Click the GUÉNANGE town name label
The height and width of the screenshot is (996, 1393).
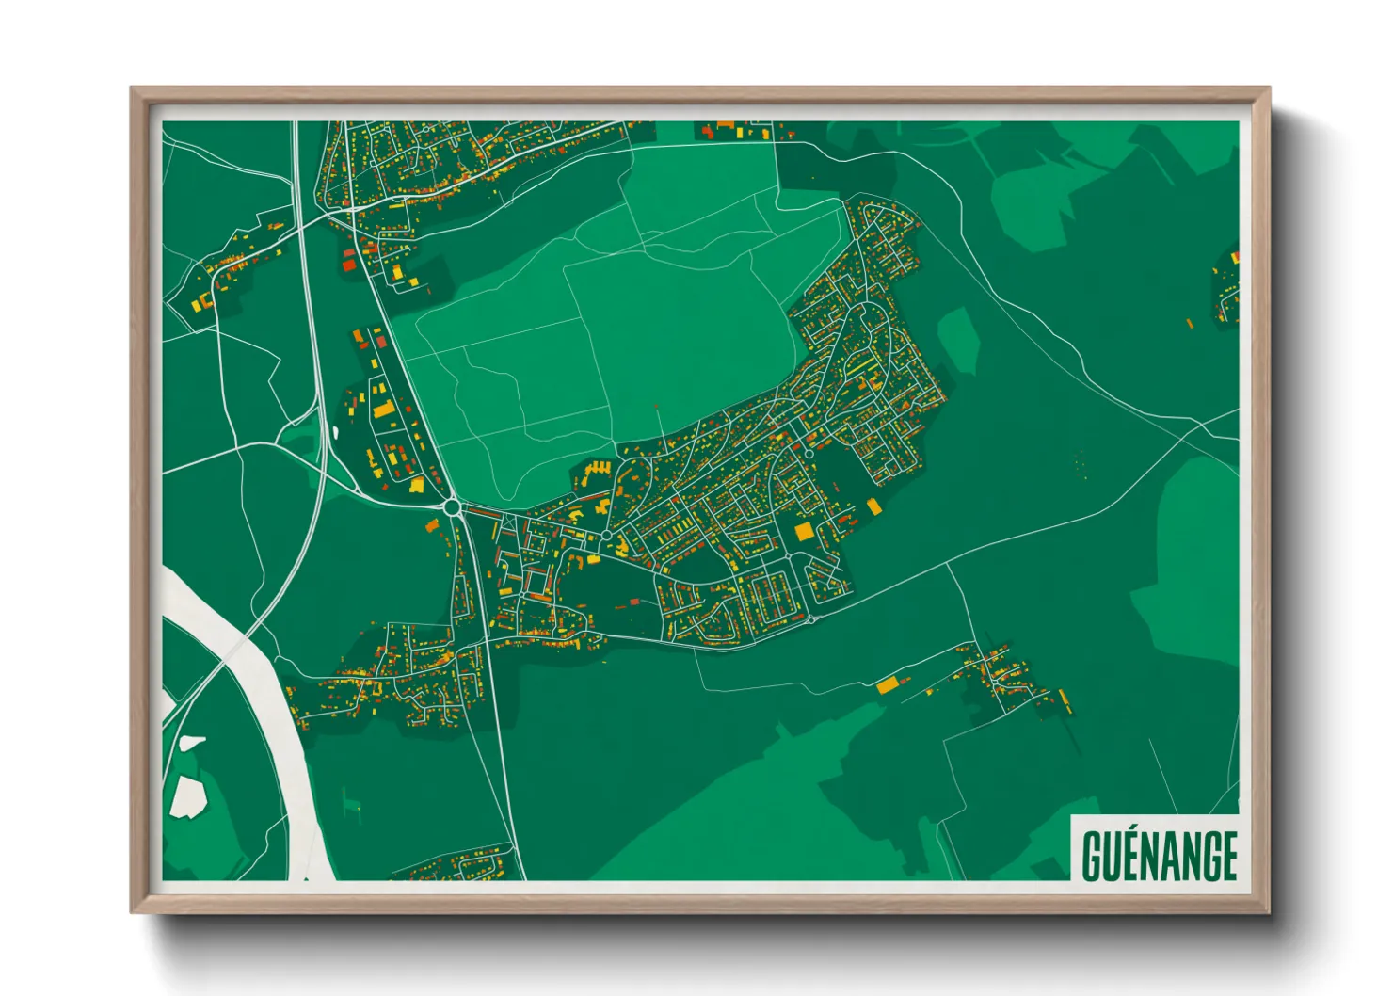click(1159, 855)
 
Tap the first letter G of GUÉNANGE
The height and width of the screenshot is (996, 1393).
click(1093, 855)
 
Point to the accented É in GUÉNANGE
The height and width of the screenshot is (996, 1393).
click(1129, 853)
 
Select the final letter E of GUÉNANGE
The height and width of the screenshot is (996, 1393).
click(1227, 855)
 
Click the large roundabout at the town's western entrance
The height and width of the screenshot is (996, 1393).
click(453, 507)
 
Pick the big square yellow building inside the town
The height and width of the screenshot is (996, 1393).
click(804, 532)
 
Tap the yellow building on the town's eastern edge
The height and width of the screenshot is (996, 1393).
click(873, 506)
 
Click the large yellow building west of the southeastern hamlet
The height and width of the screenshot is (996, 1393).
click(888, 684)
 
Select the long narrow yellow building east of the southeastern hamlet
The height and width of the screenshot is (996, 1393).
click(1065, 700)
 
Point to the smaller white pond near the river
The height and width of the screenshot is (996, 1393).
click(192, 744)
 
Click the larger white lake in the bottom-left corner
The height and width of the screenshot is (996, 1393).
click(188, 796)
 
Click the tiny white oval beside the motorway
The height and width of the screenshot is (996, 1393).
click(335, 432)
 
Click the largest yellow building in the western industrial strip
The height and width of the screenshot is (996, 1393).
click(384, 410)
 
